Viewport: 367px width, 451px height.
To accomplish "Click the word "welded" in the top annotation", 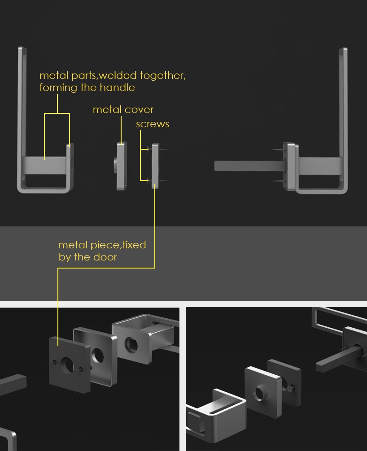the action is point(118,75).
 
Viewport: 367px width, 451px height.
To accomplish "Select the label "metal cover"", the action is point(123,109).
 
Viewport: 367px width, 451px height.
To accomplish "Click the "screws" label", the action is point(153,124).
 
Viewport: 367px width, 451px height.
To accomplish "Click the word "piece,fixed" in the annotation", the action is point(118,245).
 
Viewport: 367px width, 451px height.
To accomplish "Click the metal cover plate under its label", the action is point(121,166).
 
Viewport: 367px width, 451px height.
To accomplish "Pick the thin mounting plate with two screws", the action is point(155,166).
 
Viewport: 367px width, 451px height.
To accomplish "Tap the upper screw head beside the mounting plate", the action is point(149,149).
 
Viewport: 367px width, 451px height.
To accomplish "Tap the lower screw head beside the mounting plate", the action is point(149,181).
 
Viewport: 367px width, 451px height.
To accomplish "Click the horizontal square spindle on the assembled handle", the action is point(249,166).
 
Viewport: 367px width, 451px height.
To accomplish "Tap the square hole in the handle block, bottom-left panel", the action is point(131,345).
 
